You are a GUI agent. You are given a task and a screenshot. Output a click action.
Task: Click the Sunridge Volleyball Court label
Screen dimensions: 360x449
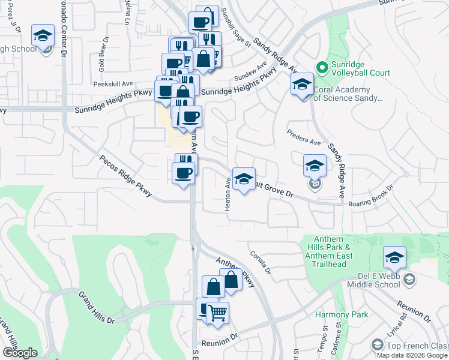click(x=360, y=73)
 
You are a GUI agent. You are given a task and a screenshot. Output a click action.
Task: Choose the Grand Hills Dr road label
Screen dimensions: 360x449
click(x=96, y=308)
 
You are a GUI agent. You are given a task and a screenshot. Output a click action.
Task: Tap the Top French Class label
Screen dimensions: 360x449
click(x=417, y=346)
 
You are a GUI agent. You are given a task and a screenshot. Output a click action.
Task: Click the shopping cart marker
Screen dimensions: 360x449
click(x=218, y=313)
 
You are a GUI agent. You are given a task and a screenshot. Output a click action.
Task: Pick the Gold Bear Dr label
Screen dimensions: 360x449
click(x=103, y=55)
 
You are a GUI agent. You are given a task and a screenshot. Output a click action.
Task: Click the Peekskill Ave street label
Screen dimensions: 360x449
click(x=112, y=85)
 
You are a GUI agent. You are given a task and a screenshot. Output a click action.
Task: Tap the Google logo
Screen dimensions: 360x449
click(x=19, y=353)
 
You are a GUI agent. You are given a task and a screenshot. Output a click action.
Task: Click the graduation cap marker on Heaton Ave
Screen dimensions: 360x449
click(x=243, y=179)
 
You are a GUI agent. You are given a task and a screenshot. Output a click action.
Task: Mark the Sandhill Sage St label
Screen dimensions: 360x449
click(x=234, y=27)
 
